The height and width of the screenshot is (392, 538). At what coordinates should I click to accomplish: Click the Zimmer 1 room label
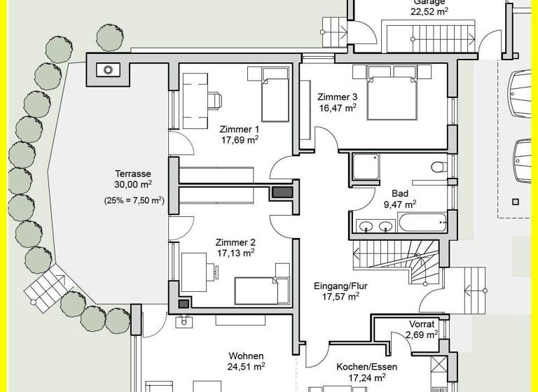coord(239,129)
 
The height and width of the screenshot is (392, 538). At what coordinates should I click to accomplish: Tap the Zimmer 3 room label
coord(337,97)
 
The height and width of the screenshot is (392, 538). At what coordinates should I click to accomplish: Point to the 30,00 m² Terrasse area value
coord(133,185)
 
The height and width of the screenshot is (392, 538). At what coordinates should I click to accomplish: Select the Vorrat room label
coord(422,324)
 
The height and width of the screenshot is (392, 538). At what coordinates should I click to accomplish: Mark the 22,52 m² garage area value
coord(429,12)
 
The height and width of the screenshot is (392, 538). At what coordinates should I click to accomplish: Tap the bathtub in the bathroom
coord(423,224)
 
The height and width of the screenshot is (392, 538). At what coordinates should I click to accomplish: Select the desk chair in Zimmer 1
coord(213,99)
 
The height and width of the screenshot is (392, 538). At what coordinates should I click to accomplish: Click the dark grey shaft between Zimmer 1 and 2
coord(282,192)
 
